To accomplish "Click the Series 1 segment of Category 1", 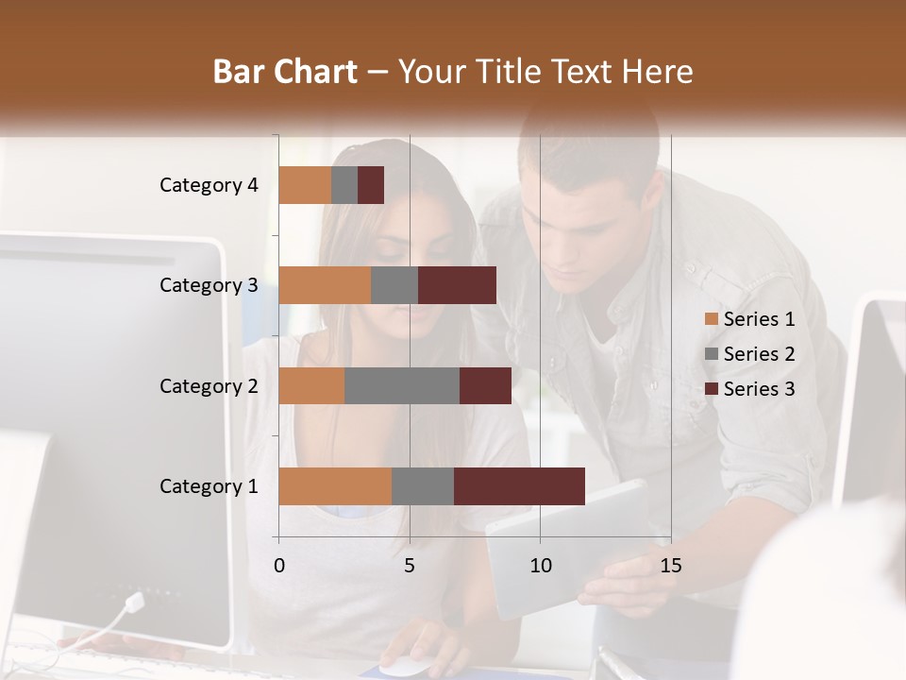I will [x=334, y=486].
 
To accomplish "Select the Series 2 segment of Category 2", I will [x=401, y=385].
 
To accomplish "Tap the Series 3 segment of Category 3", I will [x=457, y=285].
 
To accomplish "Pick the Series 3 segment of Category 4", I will [x=371, y=185].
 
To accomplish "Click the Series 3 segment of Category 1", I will [x=519, y=486].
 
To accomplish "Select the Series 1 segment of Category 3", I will [x=324, y=285].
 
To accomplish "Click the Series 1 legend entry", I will [x=749, y=319].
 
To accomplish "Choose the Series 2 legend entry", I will [x=749, y=354].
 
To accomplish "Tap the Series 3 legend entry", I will [x=749, y=389].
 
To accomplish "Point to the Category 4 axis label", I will [x=209, y=185].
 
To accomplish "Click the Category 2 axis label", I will [x=209, y=385].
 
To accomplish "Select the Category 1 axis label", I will [x=209, y=486].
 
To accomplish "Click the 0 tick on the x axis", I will [x=279, y=566].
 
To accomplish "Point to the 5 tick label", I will [x=410, y=566].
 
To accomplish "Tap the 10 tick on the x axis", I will [x=540, y=566].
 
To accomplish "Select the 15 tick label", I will [x=670, y=566].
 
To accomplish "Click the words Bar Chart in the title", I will [x=285, y=71].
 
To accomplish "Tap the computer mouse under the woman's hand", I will [x=406, y=666].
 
